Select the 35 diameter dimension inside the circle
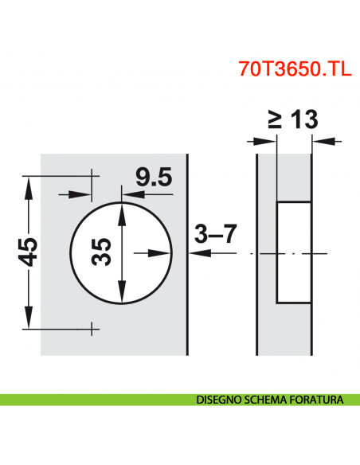pos(100,252)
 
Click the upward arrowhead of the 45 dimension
pos(29,185)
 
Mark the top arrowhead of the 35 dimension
pos(120,209)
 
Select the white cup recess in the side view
pos(293,252)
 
